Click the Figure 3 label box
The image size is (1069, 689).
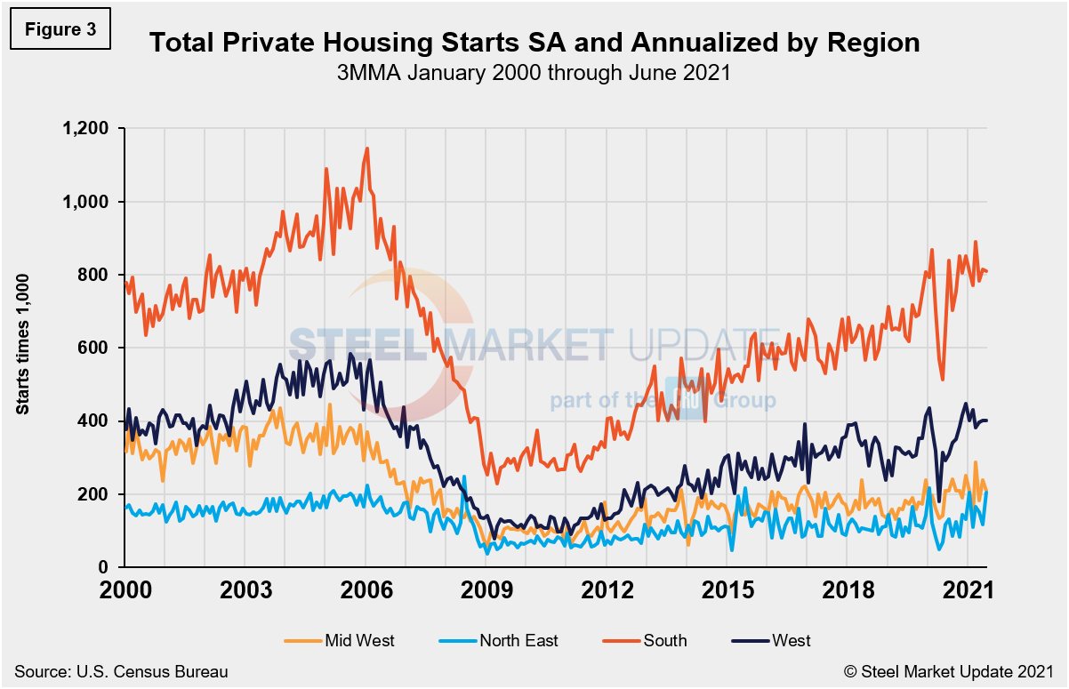coord(60,29)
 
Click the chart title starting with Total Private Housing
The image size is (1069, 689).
coord(534,43)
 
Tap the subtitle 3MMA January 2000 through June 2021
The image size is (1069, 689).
coord(534,73)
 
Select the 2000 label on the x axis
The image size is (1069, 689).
coord(125,591)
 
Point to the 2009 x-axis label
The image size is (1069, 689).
coord(486,591)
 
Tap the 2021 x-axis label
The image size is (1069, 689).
coord(968,591)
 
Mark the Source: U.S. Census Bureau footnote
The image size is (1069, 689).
coord(120,672)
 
